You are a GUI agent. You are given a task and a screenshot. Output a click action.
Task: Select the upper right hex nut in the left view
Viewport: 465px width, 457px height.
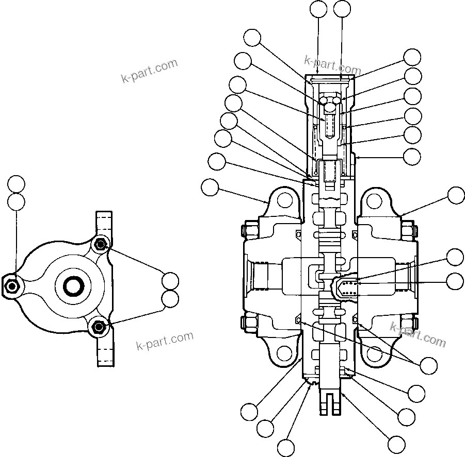click(x=101, y=244)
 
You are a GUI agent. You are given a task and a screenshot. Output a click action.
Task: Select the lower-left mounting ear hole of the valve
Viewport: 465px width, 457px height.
click(x=283, y=353)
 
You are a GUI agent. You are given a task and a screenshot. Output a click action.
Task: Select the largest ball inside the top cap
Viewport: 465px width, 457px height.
click(x=329, y=108)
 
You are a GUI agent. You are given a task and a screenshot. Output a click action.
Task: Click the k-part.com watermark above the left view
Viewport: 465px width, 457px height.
click(x=149, y=71)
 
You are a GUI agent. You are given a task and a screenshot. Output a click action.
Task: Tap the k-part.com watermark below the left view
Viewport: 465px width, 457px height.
click(x=165, y=341)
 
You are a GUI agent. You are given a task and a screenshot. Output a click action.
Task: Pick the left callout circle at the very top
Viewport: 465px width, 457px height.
click(x=318, y=9)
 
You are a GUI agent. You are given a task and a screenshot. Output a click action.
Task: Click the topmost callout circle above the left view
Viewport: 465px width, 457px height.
click(x=16, y=183)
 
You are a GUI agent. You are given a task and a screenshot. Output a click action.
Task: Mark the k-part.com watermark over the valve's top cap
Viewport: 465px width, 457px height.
click(x=332, y=65)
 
